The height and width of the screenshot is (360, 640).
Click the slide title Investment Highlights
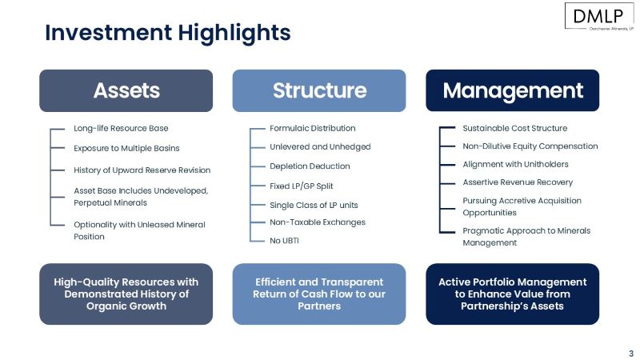coord(167,33)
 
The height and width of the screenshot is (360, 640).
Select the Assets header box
coord(126,90)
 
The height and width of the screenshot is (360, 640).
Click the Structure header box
coord(319,90)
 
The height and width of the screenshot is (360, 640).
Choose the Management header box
coord(512,90)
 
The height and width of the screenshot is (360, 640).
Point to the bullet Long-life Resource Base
coord(121,128)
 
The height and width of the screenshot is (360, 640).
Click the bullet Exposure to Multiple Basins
coord(126,148)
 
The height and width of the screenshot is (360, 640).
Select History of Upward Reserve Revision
coord(142,170)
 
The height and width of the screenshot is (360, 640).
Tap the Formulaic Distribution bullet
coord(312,128)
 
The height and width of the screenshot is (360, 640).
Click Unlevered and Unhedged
coord(320,147)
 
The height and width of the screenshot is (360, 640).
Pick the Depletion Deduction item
coord(310,166)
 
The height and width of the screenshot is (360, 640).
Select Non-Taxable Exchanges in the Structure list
coord(317,222)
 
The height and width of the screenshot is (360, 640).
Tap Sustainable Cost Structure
coord(514,128)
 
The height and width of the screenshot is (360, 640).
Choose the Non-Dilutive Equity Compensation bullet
coord(530,146)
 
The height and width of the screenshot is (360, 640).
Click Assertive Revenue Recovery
coord(518,182)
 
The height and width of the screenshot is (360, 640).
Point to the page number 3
coord(630,353)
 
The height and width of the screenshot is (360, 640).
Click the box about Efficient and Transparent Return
coord(319,294)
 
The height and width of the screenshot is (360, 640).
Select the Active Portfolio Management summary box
coord(512,294)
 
